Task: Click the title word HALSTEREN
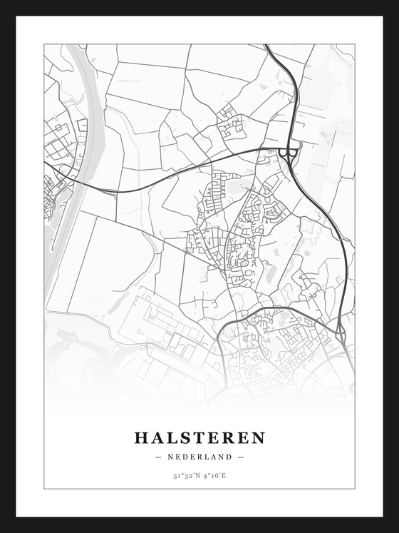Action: (199, 437)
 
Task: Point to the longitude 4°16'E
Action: (214, 474)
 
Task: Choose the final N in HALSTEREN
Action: (258, 437)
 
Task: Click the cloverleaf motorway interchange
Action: (289, 151)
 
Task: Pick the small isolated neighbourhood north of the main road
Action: (229, 121)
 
